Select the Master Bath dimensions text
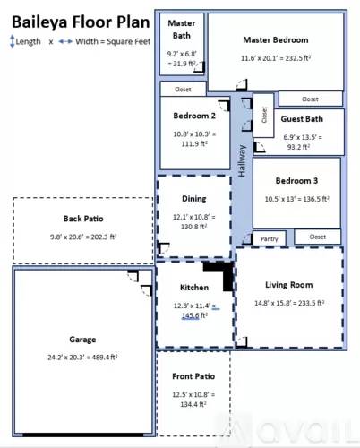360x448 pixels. tap(182, 59)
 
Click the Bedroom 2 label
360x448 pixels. tap(193, 116)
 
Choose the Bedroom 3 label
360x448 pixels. tap(296, 180)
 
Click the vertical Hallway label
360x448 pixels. tap(241, 159)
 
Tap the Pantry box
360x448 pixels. tap(269, 238)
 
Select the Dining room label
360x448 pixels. tap(193, 199)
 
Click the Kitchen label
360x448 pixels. tap(193, 288)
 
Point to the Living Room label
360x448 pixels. tap(287, 285)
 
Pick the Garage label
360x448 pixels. tap(82, 340)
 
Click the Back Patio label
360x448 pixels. tap(83, 219)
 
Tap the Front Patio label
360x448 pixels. tap(193, 375)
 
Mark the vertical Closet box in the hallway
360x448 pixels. tap(263, 115)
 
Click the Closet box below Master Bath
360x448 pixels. tap(183, 90)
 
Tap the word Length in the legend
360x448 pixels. tap(27, 40)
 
